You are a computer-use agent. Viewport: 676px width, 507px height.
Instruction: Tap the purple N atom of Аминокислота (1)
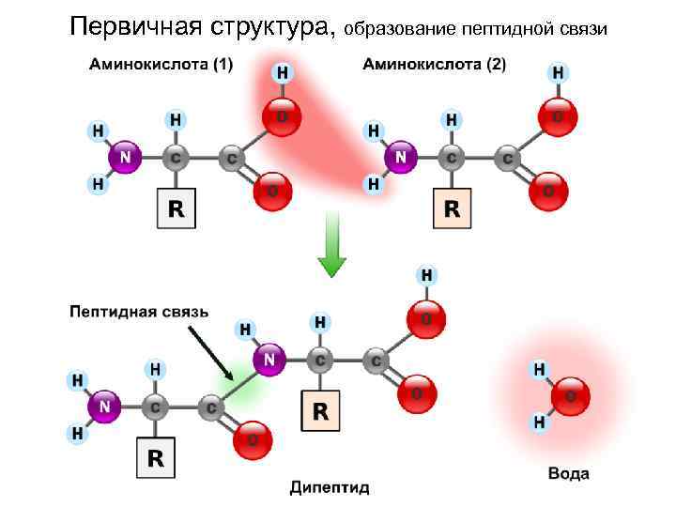pyautogui.click(x=124, y=158)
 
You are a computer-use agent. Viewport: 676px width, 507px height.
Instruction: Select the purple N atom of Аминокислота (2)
pyautogui.click(x=402, y=157)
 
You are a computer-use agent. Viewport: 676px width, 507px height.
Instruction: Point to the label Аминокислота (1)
pyautogui.click(x=161, y=65)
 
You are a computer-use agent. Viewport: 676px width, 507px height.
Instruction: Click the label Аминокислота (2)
pyautogui.click(x=434, y=65)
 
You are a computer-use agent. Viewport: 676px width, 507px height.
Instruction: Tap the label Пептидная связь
pyautogui.click(x=139, y=312)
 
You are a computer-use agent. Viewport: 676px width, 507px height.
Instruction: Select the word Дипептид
pyautogui.click(x=330, y=487)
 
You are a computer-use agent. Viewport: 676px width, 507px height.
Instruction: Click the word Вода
pyautogui.click(x=569, y=473)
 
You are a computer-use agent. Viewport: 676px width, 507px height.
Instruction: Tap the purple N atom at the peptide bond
pyautogui.click(x=270, y=359)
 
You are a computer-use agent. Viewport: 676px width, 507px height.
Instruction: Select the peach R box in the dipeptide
pyautogui.click(x=321, y=410)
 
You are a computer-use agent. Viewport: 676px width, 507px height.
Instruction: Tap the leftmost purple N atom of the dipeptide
pyautogui.click(x=104, y=407)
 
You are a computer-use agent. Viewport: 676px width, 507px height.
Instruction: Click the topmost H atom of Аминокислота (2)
pyautogui.click(x=559, y=72)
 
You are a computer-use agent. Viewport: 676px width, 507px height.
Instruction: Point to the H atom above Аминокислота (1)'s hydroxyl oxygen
pyautogui.click(x=280, y=72)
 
